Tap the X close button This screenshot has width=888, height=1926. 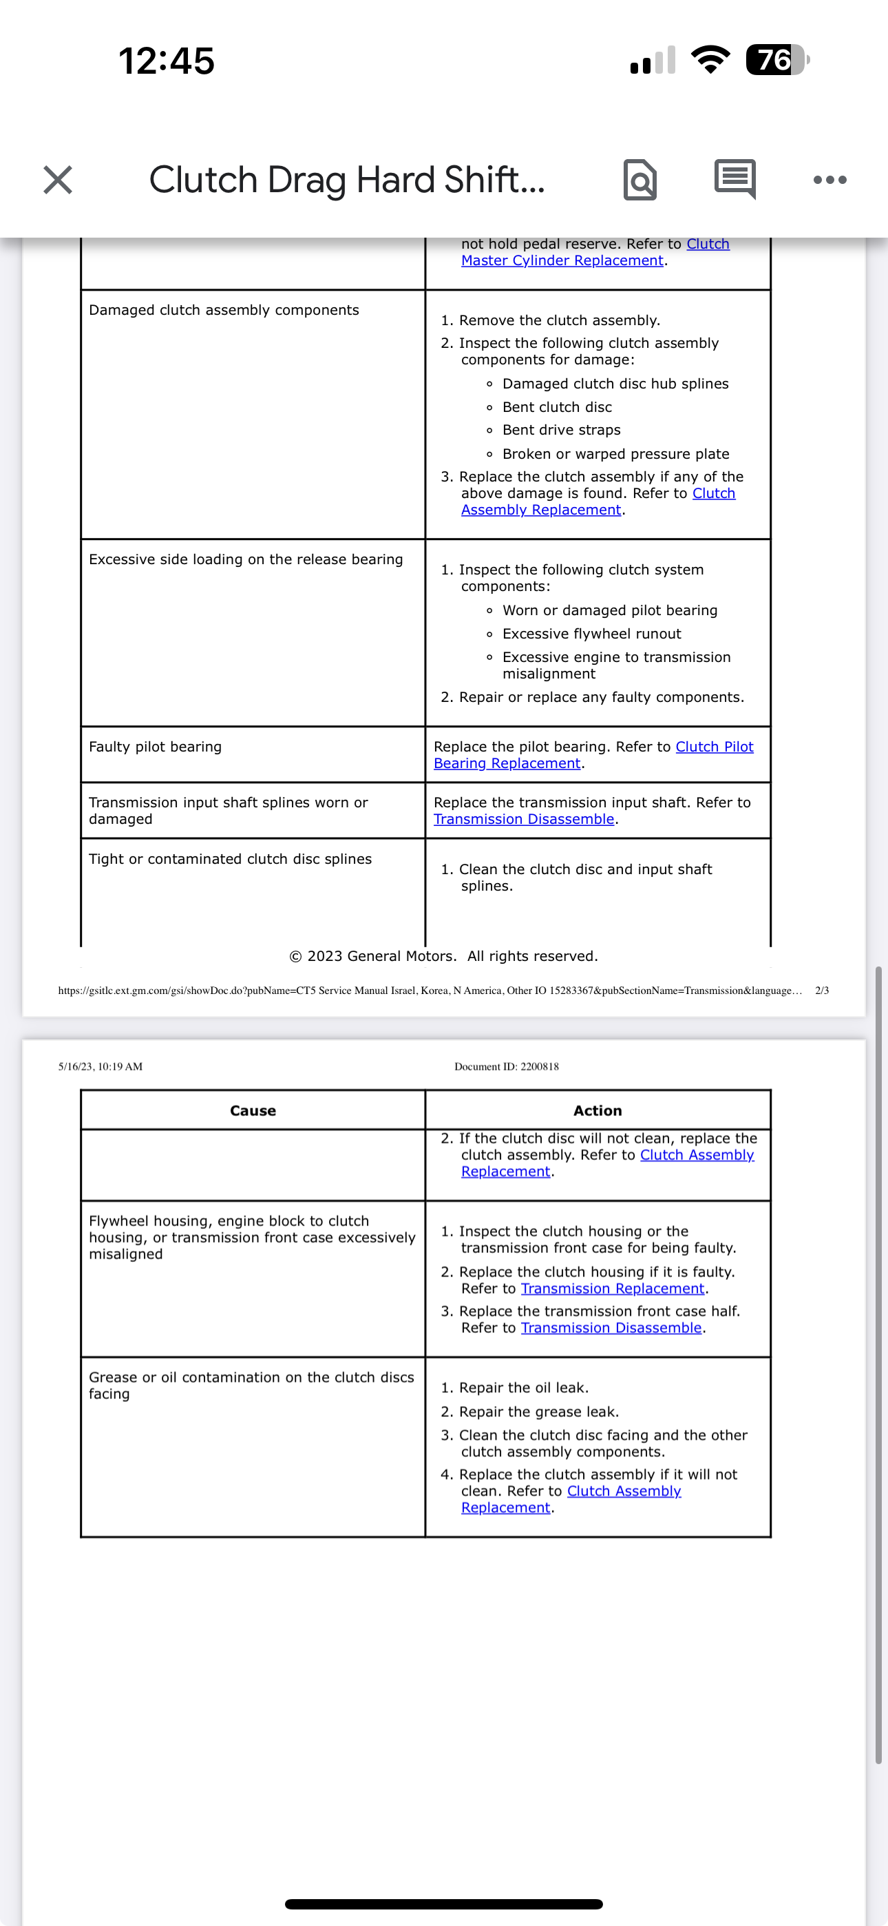(x=58, y=180)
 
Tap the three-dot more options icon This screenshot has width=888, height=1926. (x=829, y=180)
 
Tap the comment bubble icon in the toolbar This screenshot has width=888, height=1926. (x=734, y=178)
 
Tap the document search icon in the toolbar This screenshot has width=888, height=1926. (x=639, y=180)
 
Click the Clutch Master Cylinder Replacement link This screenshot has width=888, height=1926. (x=562, y=260)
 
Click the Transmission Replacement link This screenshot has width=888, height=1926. (x=612, y=1288)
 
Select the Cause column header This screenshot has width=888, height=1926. (x=253, y=1110)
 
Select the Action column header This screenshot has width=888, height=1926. (x=598, y=1110)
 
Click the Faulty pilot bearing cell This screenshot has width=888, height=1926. (x=156, y=747)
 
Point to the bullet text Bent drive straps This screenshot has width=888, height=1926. (x=561, y=430)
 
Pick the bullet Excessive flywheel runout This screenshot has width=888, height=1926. (x=591, y=634)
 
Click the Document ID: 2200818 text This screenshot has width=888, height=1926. (x=506, y=1066)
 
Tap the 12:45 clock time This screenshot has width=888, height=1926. (x=167, y=61)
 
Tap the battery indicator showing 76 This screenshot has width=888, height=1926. (x=776, y=60)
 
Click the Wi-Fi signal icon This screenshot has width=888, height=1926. (x=710, y=60)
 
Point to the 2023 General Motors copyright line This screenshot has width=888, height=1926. (x=443, y=956)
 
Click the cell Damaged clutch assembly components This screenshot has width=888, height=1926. (x=224, y=310)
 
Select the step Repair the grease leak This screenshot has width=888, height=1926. (x=538, y=1411)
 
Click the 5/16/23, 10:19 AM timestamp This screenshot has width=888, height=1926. (x=101, y=1066)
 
